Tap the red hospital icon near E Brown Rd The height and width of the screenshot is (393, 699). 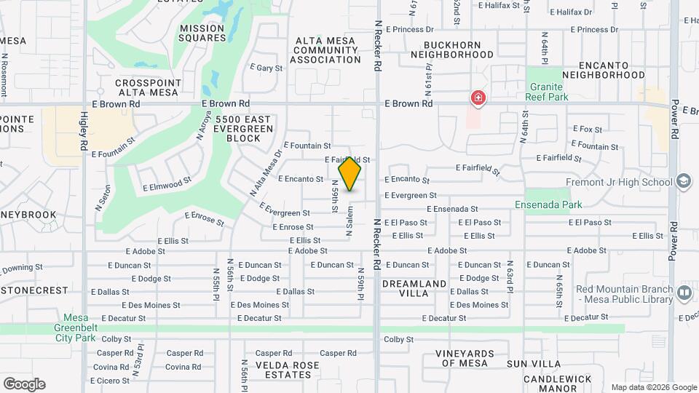coord(478,98)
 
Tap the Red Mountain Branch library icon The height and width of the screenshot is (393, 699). coord(684,293)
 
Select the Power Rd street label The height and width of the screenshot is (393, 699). coord(675,120)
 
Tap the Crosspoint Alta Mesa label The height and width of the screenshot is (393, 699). coord(151,88)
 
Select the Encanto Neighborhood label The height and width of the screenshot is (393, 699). coord(604,70)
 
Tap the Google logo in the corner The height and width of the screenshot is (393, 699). coord(23,384)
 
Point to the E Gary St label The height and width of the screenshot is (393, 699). coord(266,68)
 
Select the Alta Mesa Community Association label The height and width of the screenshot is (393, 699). coord(325,50)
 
